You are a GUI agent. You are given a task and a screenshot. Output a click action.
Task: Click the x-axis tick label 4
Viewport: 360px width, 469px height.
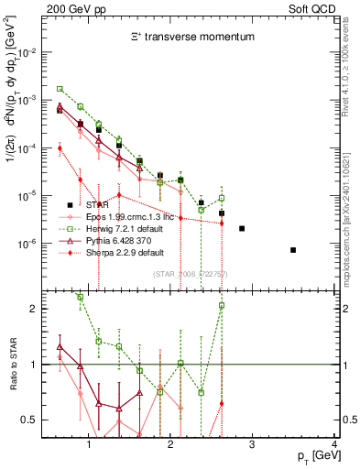[x=333, y=446]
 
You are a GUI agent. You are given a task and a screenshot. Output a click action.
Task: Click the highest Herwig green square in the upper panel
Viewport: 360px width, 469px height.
[x=60, y=89]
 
